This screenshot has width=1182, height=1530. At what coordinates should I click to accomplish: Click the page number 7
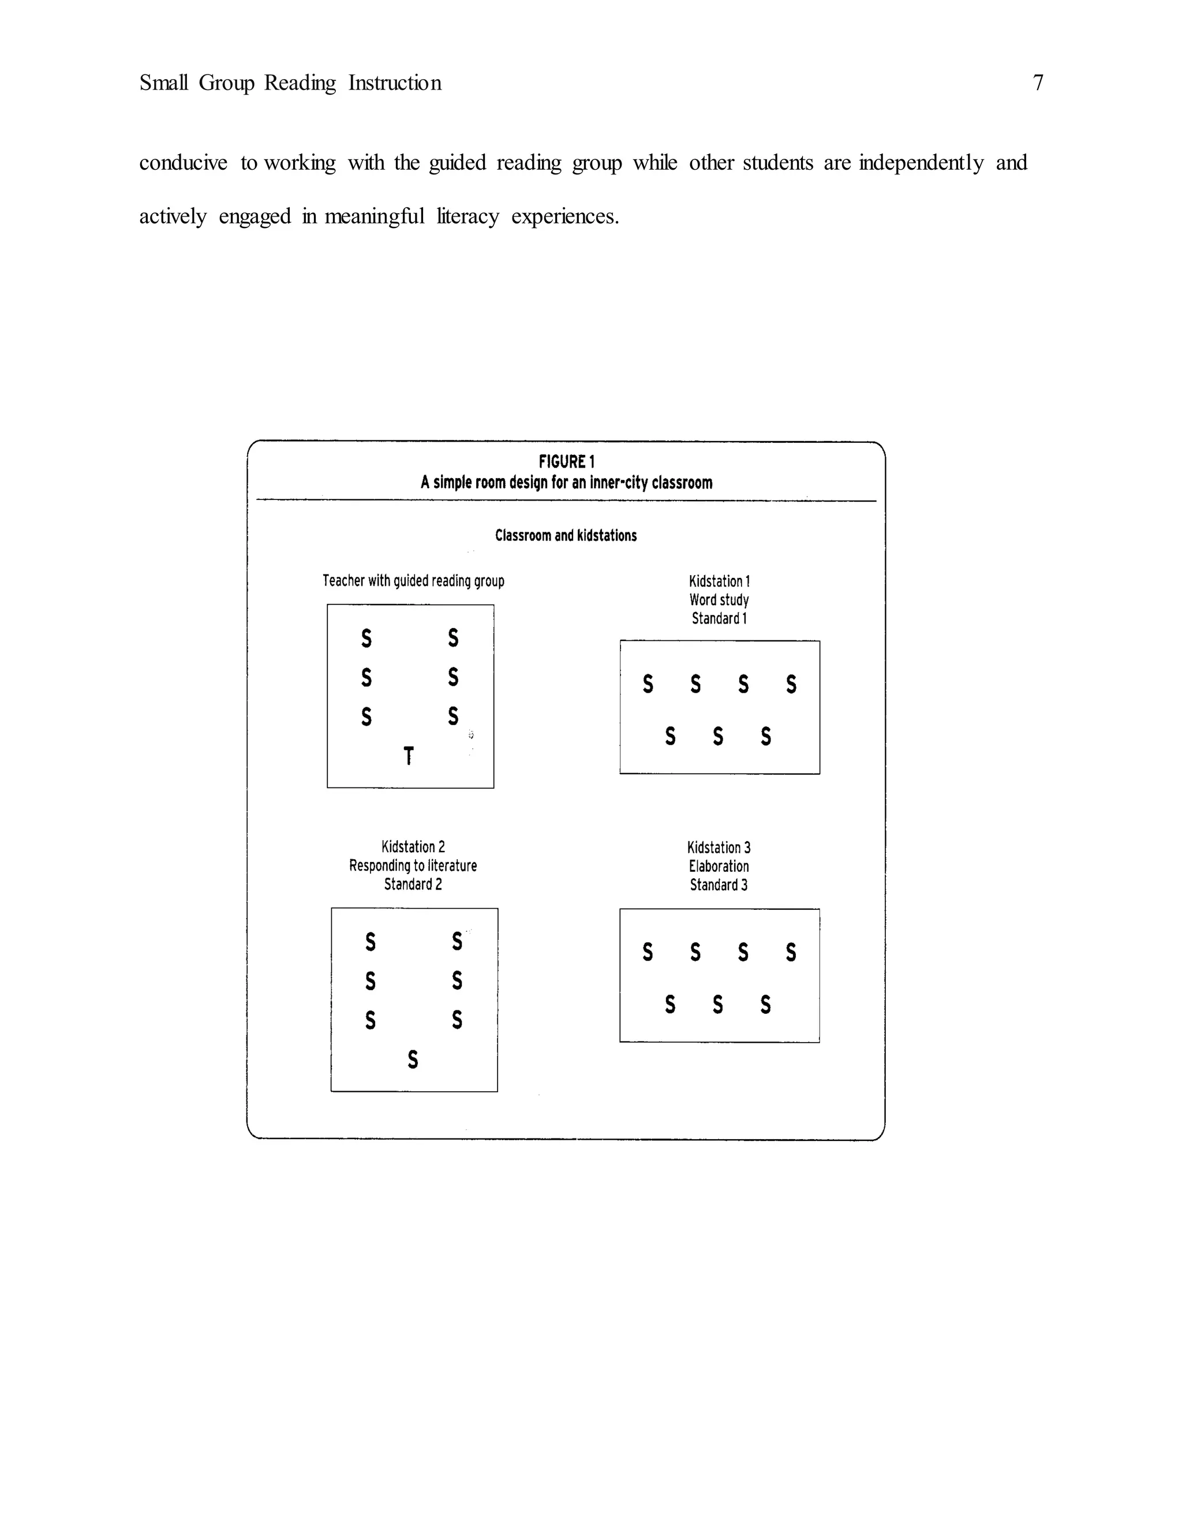click(1038, 83)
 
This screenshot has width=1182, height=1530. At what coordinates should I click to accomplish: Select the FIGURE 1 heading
click(567, 462)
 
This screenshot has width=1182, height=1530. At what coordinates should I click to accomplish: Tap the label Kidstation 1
click(719, 581)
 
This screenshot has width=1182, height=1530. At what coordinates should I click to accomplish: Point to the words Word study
click(719, 600)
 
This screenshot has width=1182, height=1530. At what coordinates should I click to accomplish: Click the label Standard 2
click(413, 884)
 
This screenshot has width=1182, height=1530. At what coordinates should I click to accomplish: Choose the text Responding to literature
click(413, 865)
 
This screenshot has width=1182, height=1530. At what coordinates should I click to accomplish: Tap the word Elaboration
click(719, 866)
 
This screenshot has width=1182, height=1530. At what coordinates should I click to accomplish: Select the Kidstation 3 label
click(719, 847)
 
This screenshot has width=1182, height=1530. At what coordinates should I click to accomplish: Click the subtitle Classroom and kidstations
click(566, 535)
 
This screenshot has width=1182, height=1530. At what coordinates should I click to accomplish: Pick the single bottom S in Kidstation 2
click(413, 1059)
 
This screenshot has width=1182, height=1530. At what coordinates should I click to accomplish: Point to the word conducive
click(183, 163)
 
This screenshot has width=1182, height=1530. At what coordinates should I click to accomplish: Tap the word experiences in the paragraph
click(564, 217)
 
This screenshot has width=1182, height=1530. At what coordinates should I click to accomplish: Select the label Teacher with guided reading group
click(413, 580)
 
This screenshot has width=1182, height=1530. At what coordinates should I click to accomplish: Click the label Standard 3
click(719, 885)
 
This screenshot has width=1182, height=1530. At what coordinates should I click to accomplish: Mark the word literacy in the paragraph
click(467, 217)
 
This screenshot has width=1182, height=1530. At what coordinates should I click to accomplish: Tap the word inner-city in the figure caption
click(618, 483)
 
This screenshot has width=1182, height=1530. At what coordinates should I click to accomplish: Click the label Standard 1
click(719, 618)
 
